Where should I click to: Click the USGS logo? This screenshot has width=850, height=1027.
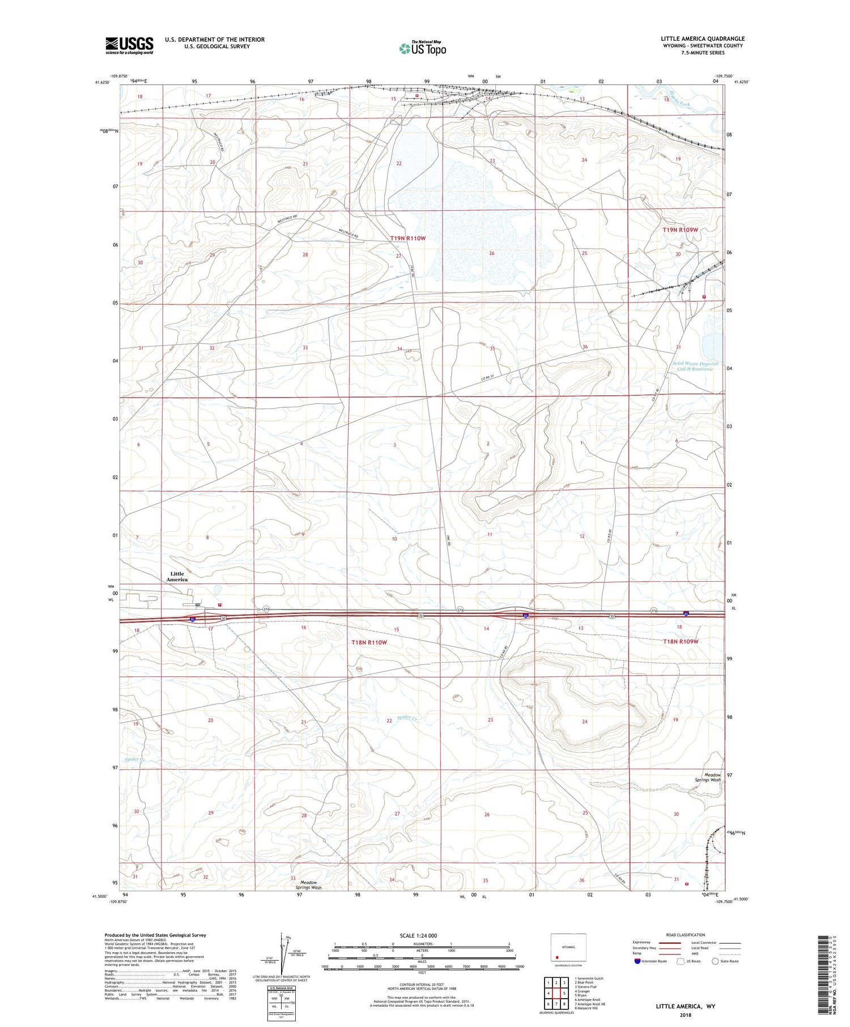pos(129,45)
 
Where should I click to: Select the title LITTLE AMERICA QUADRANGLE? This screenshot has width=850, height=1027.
pos(702,39)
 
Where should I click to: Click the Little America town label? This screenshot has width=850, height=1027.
pos(177,577)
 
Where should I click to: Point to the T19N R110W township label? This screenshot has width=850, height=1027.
pos(407,238)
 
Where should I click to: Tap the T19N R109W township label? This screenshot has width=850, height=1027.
pos(680,230)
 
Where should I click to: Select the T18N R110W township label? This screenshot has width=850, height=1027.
pos(369,642)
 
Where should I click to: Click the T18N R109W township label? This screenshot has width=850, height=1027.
pos(681,641)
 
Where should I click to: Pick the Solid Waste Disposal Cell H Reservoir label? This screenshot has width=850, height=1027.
pos(695,366)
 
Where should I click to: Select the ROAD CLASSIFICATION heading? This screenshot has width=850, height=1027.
pos(686,935)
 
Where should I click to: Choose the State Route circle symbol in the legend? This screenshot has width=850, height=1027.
pos(715,961)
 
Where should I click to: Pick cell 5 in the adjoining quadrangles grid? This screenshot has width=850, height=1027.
pos(564,994)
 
